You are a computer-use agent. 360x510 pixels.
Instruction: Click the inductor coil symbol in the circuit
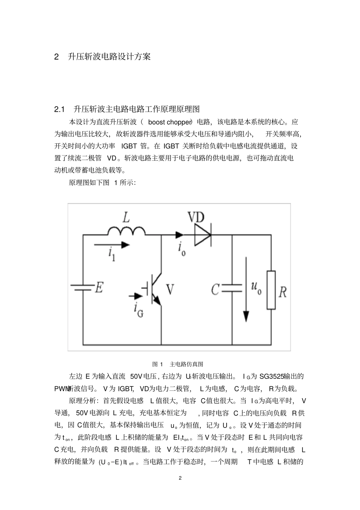tap(126, 231)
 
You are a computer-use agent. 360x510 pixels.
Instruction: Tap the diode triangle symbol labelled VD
tap(202, 235)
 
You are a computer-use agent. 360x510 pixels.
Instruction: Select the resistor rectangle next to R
tap(271, 290)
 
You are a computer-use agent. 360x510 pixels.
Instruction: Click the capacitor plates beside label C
tap(231, 288)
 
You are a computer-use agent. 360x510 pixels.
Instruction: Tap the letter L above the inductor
tap(125, 217)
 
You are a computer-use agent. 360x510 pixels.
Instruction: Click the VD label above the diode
tap(196, 217)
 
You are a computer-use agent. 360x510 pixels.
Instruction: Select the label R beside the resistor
tap(283, 292)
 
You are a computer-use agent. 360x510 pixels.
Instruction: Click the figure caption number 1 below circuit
tap(161, 364)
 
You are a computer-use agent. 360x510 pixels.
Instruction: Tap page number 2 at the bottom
tap(180, 478)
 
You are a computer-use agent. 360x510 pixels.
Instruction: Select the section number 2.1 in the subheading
tap(60, 110)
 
